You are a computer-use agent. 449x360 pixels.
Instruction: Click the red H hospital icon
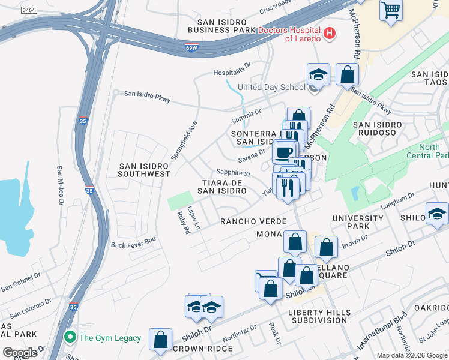tap(329, 34)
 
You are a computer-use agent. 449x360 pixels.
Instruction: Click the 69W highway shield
tap(191, 48)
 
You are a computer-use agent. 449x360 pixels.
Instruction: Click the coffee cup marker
tap(283, 151)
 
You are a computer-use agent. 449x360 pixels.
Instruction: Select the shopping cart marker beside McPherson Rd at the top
tap(391, 10)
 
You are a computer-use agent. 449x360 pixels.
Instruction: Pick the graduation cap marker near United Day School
tap(318, 75)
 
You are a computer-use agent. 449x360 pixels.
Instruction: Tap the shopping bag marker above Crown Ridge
tap(161, 340)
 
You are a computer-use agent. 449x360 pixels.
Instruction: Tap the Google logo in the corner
tap(20, 353)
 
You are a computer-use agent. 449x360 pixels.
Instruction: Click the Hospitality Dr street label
tap(232, 73)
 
